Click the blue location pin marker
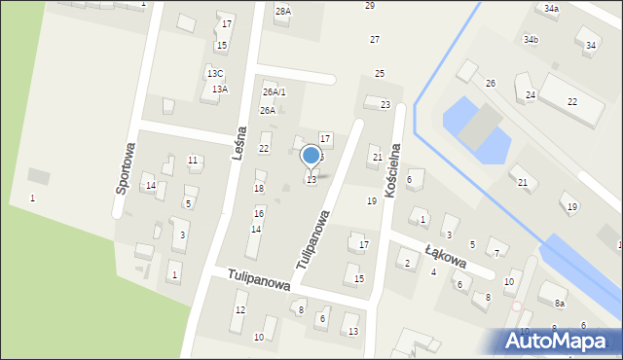click(x=311, y=156)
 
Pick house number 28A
click(x=282, y=12)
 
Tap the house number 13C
click(x=214, y=73)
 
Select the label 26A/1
click(x=275, y=92)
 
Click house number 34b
click(x=531, y=40)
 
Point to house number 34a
click(x=551, y=9)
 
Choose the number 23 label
click(x=385, y=104)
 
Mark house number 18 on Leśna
click(x=259, y=189)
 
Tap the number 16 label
click(x=259, y=213)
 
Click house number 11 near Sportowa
click(x=193, y=161)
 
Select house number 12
click(x=239, y=309)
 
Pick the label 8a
click(x=560, y=305)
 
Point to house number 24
click(x=531, y=95)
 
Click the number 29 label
click(x=370, y=6)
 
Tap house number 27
click(x=375, y=39)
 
